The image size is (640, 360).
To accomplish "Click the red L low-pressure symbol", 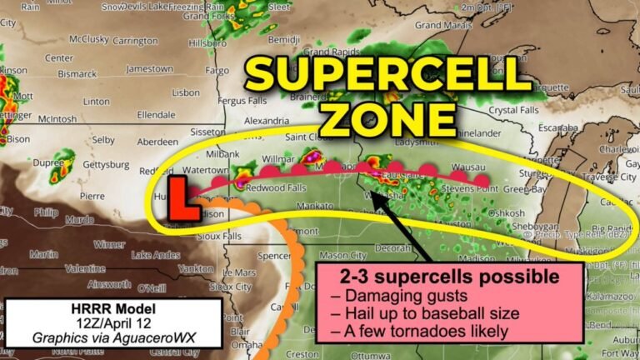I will (185, 197).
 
